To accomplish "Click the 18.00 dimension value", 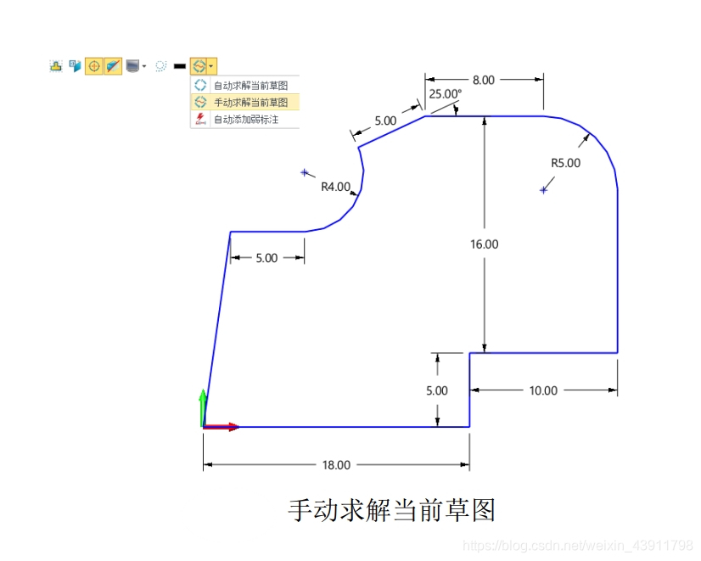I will tap(336, 465).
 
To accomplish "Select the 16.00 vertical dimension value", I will tap(485, 244).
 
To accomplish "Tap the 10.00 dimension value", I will tap(543, 391).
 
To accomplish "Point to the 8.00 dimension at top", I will tap(484, 80).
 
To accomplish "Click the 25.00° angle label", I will tap(446, 94).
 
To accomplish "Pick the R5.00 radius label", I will tap(566, 163).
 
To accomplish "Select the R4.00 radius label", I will tap(336, 188).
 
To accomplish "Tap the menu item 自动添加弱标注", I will tap(245, 120).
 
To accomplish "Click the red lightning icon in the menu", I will tap(200, 119).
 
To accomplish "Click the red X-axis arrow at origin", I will tap(226, 427).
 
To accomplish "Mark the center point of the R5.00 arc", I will tap(543, 190).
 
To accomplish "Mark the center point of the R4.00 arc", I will tap(304, 172).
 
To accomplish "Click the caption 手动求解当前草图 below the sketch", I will tap(391, 511).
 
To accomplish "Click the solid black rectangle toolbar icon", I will tap(179, 65).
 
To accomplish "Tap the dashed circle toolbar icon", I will tap(160, 65).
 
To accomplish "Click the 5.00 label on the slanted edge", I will tap(385, 121).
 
